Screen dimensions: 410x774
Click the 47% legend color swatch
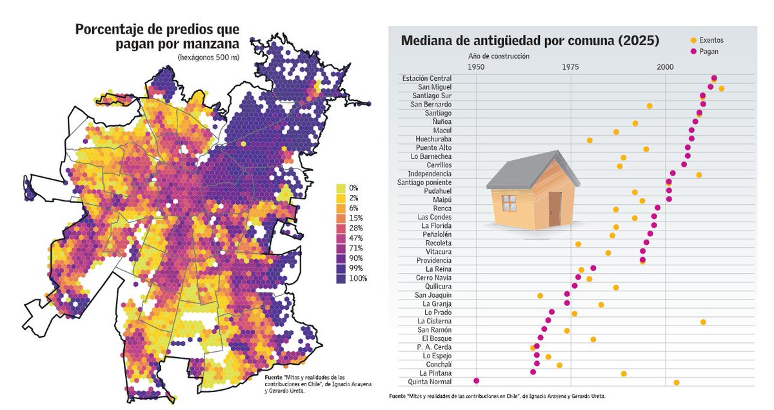click(x=341, y=238)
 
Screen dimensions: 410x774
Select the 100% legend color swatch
click(x=341, y=278)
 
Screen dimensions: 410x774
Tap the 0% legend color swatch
click(x=341, y=188)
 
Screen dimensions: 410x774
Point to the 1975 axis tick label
click(x=571, y=67)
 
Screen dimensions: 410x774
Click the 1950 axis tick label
click(x=477, y=67)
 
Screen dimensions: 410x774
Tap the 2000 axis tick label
click(x=665, y=67)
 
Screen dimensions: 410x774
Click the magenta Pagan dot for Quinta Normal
click(x=477, y=381)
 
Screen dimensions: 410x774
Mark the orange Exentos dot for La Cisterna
click(x=703, y=322)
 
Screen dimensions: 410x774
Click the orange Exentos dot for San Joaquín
click(x=540, y=296)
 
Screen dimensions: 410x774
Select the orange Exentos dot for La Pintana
click(x=624, y=373)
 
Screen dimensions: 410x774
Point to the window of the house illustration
click(x=510, y=203)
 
